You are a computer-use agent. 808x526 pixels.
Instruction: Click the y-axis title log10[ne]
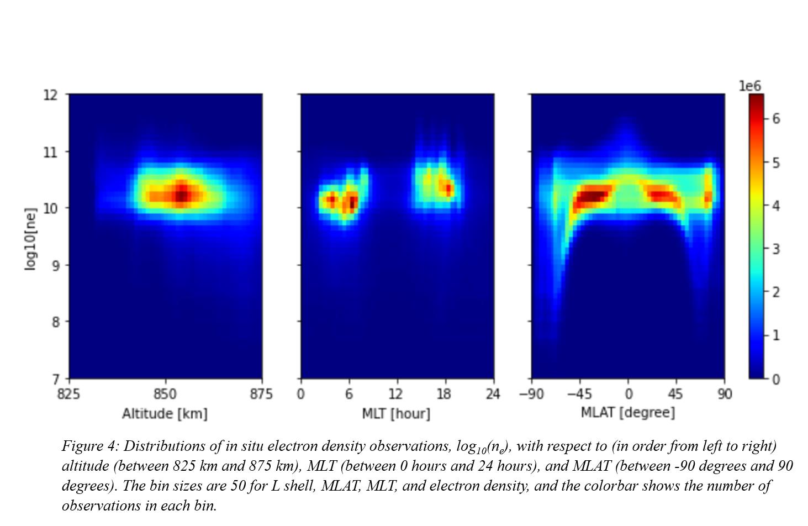pyautogui.click(x=30, y=239)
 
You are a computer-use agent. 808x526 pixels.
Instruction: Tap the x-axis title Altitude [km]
pyautogui.click(x=165, y=413)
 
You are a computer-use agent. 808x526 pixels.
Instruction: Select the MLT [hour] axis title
pyautogui.click(x=396, y=413)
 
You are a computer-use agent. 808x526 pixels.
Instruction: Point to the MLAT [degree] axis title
pyautogui.click(x=627, y=412)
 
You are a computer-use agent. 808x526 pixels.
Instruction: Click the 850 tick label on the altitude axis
pyautogui.click(x=165, y=394)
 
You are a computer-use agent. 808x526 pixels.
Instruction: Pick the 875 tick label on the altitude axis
pyautogui.click(x=261, y=394)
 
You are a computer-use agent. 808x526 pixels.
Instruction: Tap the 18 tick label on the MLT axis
pyautogui.click(x=444, y=394)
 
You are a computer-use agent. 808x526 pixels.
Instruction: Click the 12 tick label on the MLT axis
pyautogui.click(x=395, y=394)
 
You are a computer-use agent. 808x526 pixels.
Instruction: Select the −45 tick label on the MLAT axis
pyautogui.click(x=579, y=394)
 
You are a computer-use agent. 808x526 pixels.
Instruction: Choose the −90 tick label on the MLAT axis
pyautogui.click(x=531, y=394)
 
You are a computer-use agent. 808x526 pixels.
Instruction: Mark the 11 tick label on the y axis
pyautogui.click(x=50, y=152)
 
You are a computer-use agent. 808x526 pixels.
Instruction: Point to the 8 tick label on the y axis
pyautogui.click(x=55, y=322)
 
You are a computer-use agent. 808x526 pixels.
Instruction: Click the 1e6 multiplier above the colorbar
pyautogui.click(x=749, y=86)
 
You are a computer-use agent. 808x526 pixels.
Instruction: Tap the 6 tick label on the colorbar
pyautogui.click(x=776, y=119)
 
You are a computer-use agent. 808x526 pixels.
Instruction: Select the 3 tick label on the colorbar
pyautogui.click(x=776, y=249)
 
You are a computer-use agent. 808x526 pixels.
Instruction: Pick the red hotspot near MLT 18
pyautogui.click(x=448, y=188)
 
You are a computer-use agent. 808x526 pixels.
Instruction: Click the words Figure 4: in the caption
pyautogui.click(x=90, y=446)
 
